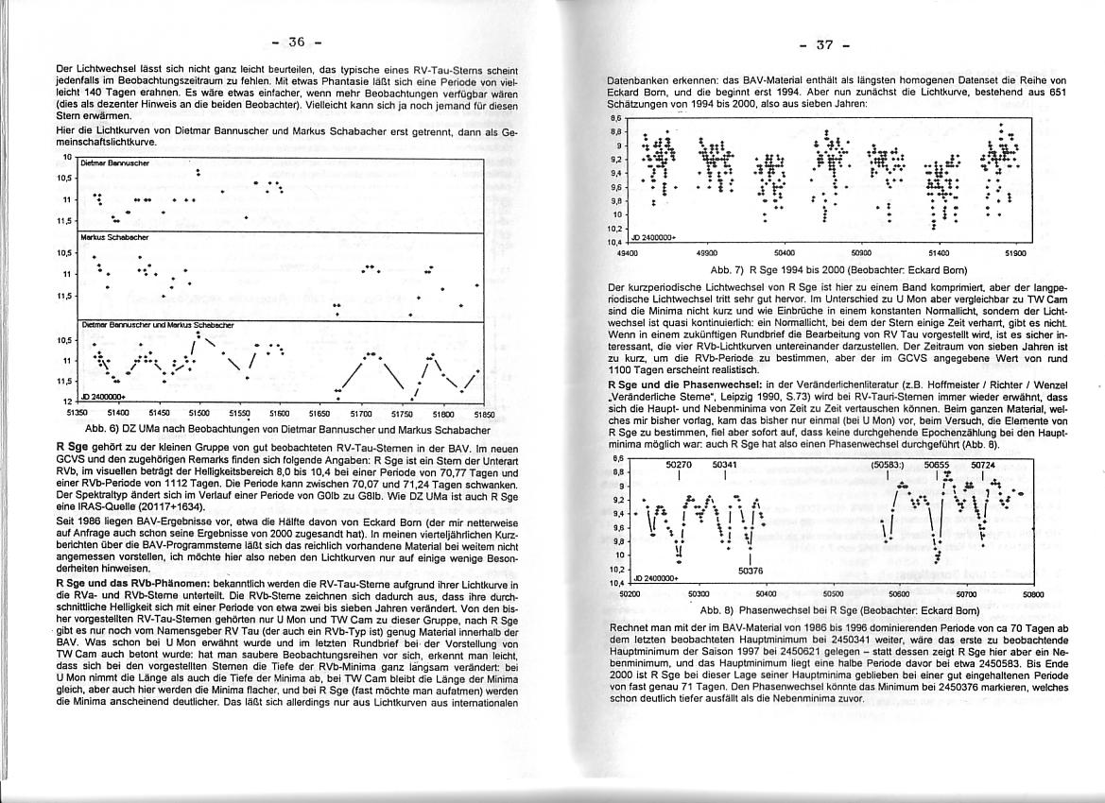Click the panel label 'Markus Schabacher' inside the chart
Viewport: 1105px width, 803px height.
[x=110, y=237]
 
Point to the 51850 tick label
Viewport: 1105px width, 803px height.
[x=484, y=413]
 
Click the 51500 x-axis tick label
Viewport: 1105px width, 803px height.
[x=199, y=413]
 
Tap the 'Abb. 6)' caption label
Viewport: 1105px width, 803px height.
[x=101, y=428]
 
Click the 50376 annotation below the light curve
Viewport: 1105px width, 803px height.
[x=751, y=571]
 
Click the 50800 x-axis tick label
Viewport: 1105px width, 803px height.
[x=1033, y=594]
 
